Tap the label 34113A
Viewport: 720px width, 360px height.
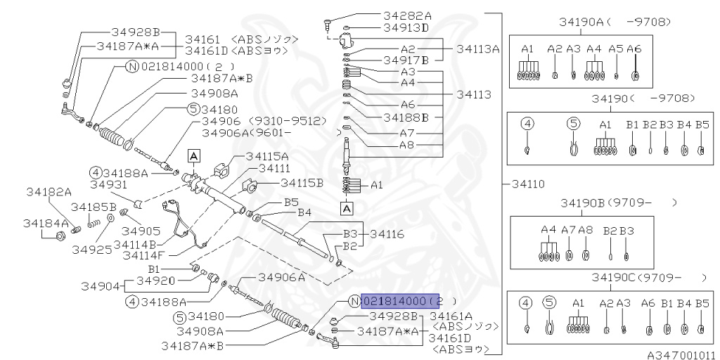coord(477,49)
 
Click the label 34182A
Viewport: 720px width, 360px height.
coord(49,191)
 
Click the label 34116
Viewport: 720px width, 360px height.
coord(387,233)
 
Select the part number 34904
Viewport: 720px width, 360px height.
coord(98,287)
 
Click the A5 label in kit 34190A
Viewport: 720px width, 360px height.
coord(616,49)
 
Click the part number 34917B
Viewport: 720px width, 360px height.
coord(406,59)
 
